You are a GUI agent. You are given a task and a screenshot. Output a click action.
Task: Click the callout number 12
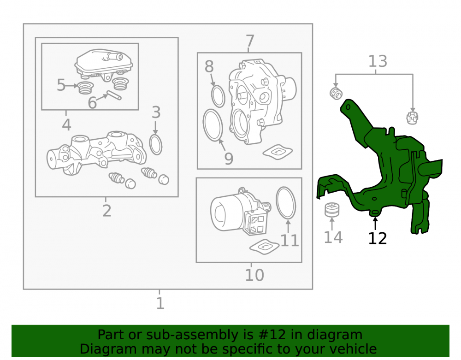pyautogui.click(x=378, y=238)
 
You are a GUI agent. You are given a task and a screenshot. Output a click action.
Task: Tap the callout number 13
pyautogui.click(x=378, y=61)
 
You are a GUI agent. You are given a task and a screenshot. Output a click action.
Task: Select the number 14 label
pyautogui.click(x=333, y=237)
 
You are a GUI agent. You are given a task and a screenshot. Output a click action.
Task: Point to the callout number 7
pyautogui.click(x=250, y=41)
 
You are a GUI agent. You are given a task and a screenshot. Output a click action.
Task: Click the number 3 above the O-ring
pyautogui.click(x=156, y=112)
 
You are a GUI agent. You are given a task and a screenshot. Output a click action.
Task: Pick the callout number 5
pyautogui.click(x=61, y=85)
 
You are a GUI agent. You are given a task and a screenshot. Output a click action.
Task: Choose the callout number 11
pyautogui.click(x=290, y=240)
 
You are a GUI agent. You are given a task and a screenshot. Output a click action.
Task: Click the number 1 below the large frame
pyautogui.click(x=160, y=303)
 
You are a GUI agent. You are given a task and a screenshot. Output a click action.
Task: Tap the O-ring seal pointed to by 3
pyautogui.click(x=156, y=145)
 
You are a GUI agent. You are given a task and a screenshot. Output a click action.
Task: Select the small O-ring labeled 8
pyautogui.click(x=218, y=96)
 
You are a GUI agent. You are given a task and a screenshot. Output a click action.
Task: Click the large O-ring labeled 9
pyautogui.click(x=213, y=125)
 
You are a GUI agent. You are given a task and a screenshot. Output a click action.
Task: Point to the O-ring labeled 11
pyautogui.click(x=286, y=203)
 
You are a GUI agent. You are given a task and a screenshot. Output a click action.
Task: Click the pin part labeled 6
pyautogui.click(x=114, y=95)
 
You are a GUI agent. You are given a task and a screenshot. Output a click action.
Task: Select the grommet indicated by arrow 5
pyautogui.click(x=86, y=88)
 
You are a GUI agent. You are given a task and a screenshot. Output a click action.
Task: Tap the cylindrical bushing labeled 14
pyautogui.click(x=332, y=210)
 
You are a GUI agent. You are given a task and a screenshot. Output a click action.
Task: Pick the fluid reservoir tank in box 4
pyautogui.click(x=103, y=65)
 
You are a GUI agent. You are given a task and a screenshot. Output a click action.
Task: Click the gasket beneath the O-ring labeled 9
pyautogui.click(x=278, y=152)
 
